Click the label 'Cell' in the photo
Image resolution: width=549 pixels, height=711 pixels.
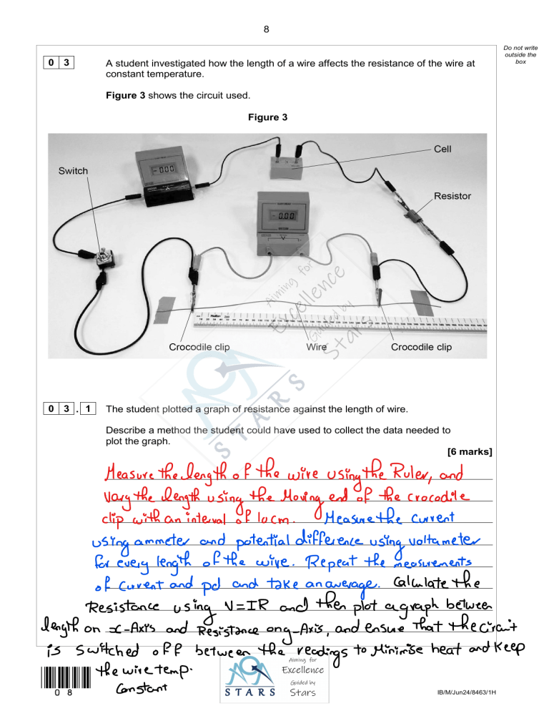[442, 151]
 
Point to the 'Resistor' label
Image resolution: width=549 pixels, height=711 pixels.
[453, 195]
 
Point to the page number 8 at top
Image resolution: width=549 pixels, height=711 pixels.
[266, 29]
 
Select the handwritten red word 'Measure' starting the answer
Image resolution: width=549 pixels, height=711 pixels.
[139, 474]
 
